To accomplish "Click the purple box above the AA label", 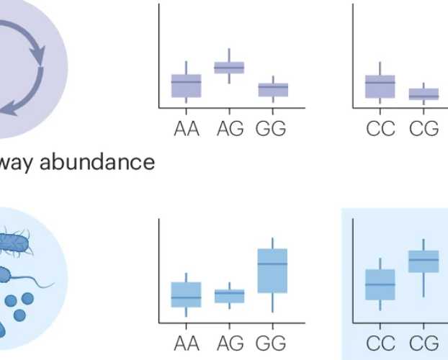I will point(186,86).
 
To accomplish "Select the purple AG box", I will point(229,68).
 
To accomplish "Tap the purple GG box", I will point(273,89).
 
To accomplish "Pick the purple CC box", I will point(380,86).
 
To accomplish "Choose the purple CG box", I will point(424,94).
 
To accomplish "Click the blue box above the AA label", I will point(186,294).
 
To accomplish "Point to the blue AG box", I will point(229,295).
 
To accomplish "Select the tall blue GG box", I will point(273,271).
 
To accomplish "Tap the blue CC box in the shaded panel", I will point(380,284).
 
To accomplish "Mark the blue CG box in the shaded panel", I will point(424,261).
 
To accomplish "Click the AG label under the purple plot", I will point(230,129).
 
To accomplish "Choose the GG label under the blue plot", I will point(271,341).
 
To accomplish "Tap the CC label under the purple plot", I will point(381,129).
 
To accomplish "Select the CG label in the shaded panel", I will point(424,341).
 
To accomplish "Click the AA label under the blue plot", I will point(187,341).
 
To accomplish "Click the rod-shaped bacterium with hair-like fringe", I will point(16,243).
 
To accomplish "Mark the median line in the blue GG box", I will point(273,264).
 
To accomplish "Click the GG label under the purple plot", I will point(271,129).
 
